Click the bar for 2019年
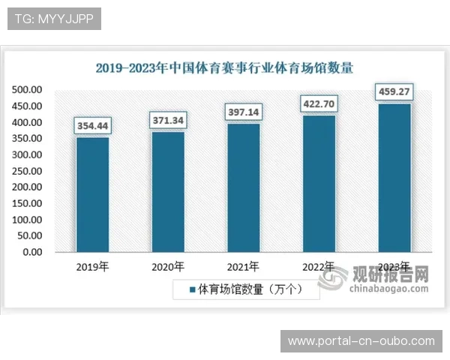[x=92, y=194]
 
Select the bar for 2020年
[x=168, y=192]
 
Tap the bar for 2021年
[x=244, y=187]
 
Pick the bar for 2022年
[x=319, y=184]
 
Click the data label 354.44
[x=92, y=125]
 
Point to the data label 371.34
[x=168, y=120]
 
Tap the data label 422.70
[x=319, y=103]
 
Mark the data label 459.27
[x=394, y=92]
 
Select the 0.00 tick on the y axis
[x=32, y=252]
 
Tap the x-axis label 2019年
[x=92, y=267]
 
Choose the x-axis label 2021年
[x=244, y=267]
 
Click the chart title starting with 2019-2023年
[x=224, y=67]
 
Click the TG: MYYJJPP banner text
[x=54, y=19]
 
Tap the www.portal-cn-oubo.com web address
[x=361, y=341]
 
